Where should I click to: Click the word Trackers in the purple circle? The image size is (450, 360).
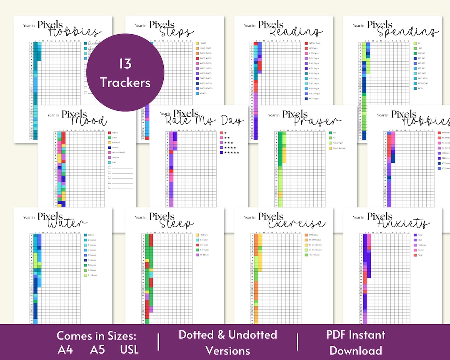pyautogui.click(x=125, y=82)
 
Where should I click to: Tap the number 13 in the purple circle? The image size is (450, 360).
pyautogui.click(x=125, y=64)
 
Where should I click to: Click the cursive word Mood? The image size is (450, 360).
pyautogui.click(x=88, y=121)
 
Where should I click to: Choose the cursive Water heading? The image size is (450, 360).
pyautogui.click(x=67, y=224)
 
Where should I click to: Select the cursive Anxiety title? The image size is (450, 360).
pyautogui.click(x=403, y=224)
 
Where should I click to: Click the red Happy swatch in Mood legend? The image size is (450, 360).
pyautogui.click(x=110, y=132)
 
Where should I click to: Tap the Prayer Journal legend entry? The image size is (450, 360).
pyautogui.click(x=337, y=148)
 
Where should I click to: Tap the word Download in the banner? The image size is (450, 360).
pyautogui.click(x=355, y=350)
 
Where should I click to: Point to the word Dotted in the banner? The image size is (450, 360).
pyautogui.click(x=197, y=335)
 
